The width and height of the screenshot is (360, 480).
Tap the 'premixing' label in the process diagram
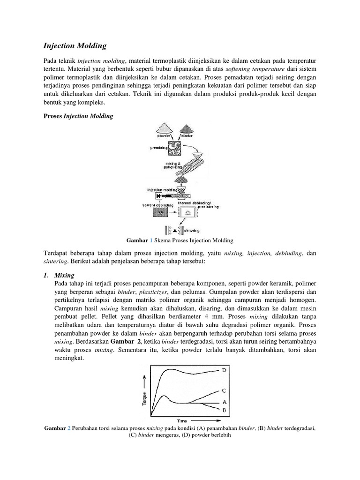tap(157, 147)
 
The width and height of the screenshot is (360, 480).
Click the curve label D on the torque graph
tap(225, 370)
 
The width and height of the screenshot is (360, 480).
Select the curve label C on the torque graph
tap(225, 390)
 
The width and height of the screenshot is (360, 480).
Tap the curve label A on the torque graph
tap(225, 402)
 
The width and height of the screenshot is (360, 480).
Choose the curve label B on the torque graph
tap(225, 410)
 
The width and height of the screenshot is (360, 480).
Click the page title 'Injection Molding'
tap(75, 46)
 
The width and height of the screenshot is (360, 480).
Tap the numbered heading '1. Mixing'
tap(59, 275)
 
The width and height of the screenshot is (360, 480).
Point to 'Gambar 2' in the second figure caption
tap(57, 428)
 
